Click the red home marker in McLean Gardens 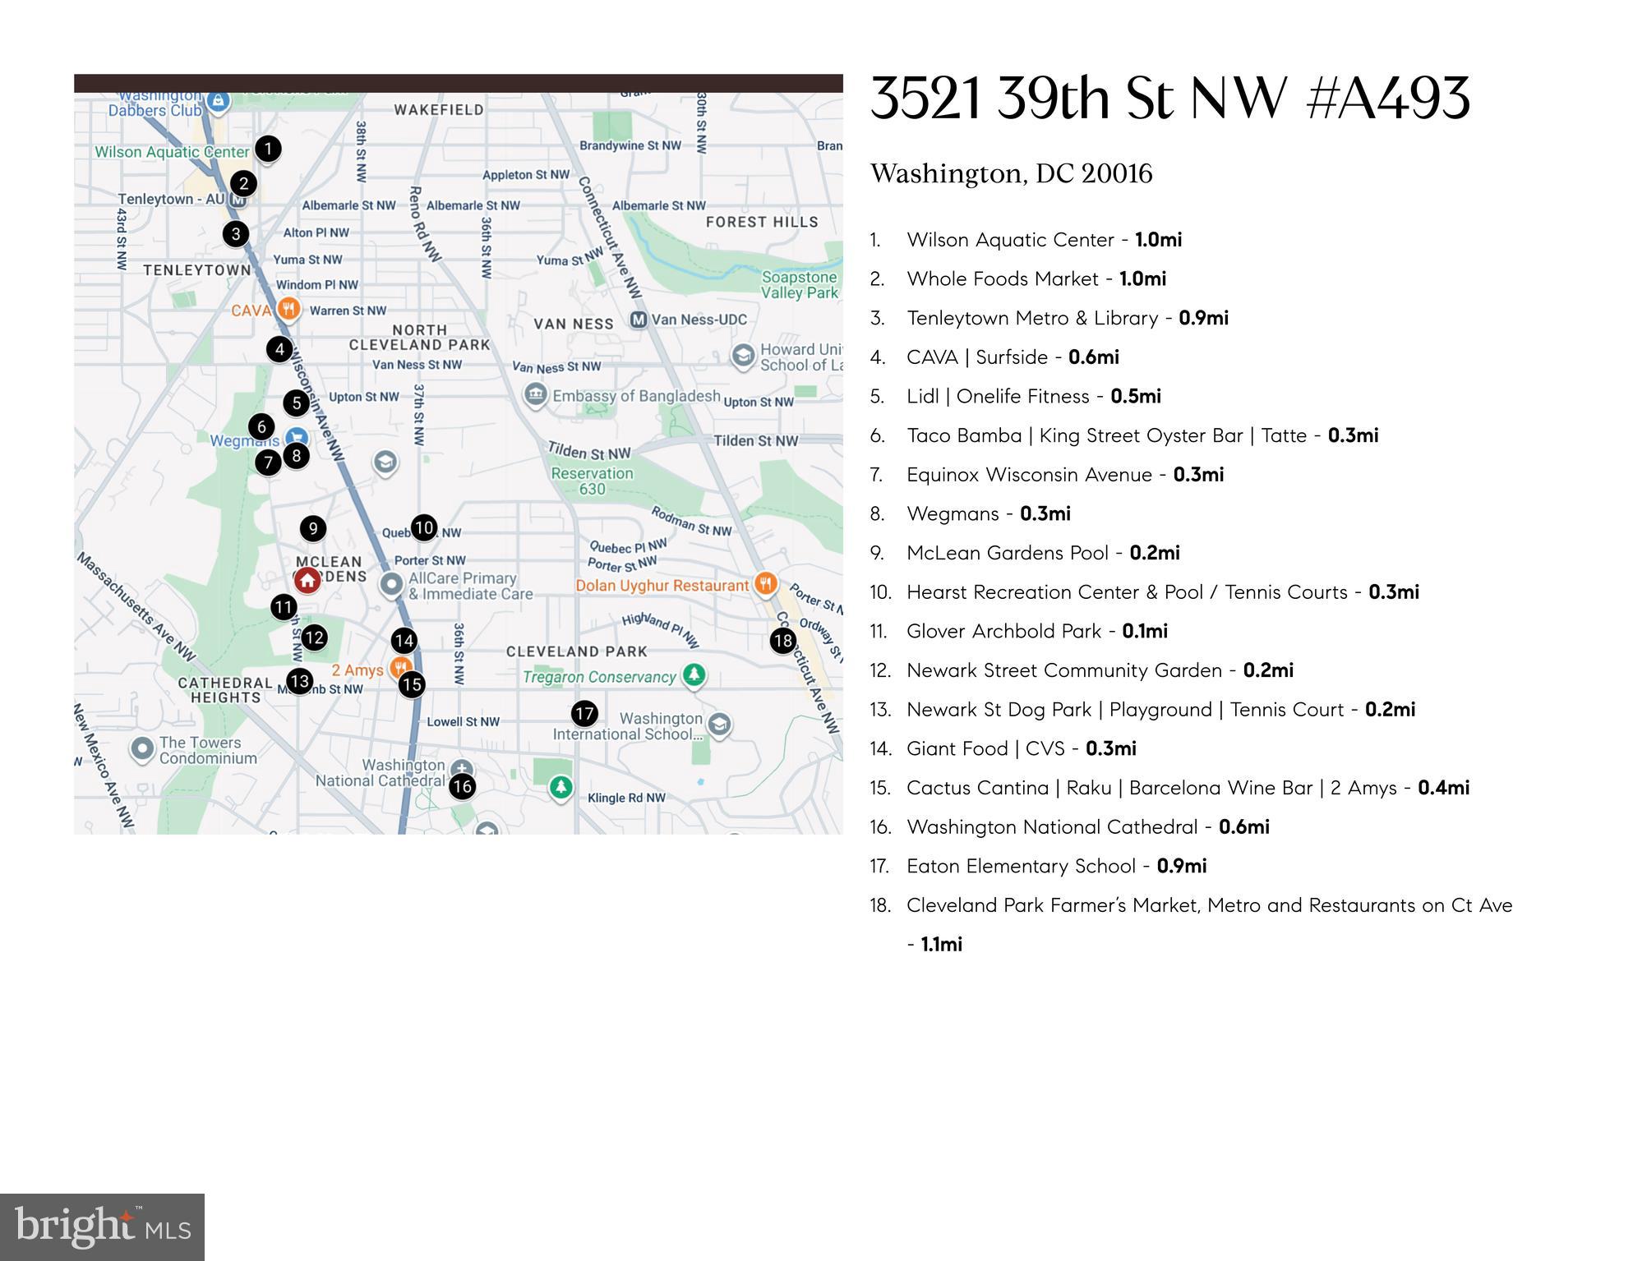tap(307, 580)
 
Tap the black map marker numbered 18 tap(783, 641)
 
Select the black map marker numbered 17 tap(584, 713)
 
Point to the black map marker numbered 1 tap(268, 149)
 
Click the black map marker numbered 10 tap(423, 527)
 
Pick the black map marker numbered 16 tap(463, 786)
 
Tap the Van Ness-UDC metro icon tap(639, 320)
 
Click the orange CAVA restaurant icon tap(288, 310)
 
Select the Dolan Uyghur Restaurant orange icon tap(766, 584)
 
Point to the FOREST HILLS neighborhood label tap(762, 222)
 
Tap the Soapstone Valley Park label tap(799, 285)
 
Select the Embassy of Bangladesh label tap(636, 396)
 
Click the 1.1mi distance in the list tap(941, 945)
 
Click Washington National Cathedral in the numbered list tap(1052, 827)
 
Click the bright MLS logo tap(102, 1227)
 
